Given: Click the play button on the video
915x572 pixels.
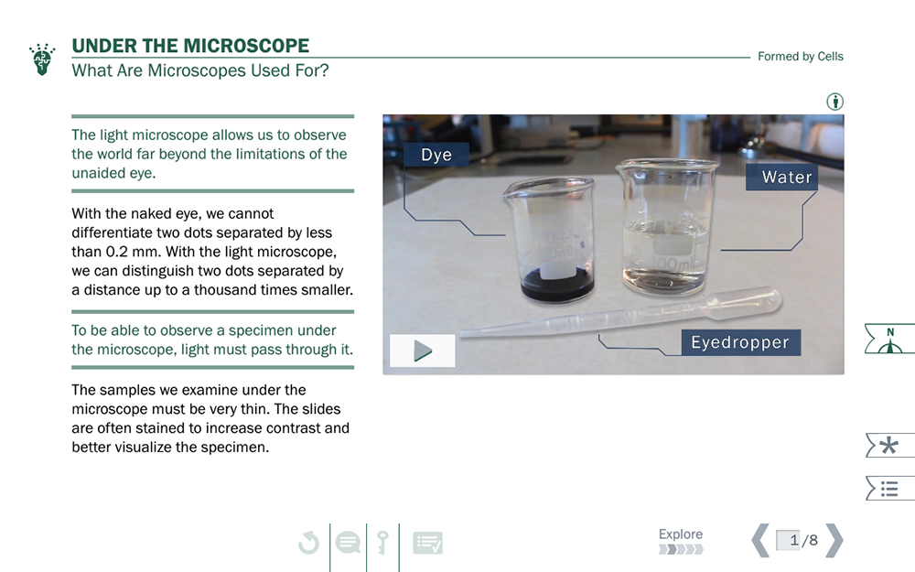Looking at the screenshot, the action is click(423, 351).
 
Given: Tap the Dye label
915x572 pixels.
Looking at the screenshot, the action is click(436, 155).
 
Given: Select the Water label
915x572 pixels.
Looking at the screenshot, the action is click(781, 177).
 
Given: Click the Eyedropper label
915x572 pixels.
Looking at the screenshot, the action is click(740, 342).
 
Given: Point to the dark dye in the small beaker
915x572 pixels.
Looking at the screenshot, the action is click(556, 286).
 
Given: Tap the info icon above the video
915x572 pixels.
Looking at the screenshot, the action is click(835, 102).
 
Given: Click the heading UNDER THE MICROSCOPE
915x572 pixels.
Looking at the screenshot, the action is click(190, 46).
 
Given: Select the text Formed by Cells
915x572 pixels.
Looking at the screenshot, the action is click(800, 56).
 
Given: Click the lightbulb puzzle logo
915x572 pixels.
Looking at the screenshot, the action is click(42, 59).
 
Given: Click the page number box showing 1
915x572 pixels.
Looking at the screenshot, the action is click(788, 540).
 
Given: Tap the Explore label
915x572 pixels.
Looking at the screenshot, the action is click(681, 534).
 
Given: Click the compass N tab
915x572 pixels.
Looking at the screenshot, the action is click(889, 339).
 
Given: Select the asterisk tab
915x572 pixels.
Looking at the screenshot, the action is click(889, 446).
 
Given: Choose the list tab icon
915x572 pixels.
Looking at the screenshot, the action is click(889, 489).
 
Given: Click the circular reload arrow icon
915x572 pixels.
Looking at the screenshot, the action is click(308, 542).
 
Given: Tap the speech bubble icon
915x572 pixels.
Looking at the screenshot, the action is click(349, 542).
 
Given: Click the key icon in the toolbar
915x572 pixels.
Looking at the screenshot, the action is click(382, 542).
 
